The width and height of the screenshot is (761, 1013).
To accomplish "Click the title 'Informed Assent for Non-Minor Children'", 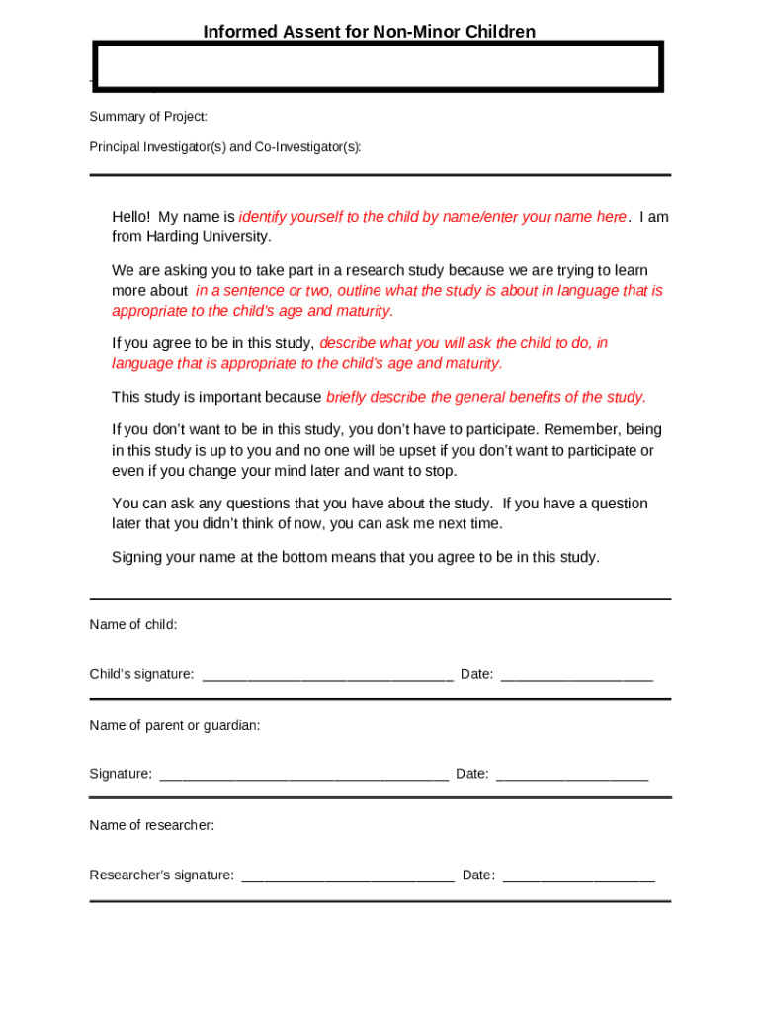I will point(369,32).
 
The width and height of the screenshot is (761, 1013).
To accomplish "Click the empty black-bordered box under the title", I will point(378,67).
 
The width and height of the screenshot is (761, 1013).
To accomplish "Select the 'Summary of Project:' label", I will point(148,117).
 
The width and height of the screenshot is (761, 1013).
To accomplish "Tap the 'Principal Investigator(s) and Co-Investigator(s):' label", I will point(225,147).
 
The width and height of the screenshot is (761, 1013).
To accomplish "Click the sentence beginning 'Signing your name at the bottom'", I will point(355,557).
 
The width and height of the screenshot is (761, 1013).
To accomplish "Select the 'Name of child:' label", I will point(133,625).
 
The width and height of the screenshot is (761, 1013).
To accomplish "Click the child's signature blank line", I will point(327,677).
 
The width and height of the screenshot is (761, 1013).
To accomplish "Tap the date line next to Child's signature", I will point(576,677).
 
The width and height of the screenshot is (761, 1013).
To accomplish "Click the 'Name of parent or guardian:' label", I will point(175,726).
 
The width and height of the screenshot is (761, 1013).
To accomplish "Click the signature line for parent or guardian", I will point(303,777).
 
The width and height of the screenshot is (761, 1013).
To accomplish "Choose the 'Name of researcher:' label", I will point(151,825).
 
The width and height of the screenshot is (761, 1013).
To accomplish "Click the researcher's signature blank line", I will point(347,877).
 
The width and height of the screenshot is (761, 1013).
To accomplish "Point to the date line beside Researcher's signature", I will point(578,877).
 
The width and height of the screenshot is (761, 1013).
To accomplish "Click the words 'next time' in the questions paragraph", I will point(471,523).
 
